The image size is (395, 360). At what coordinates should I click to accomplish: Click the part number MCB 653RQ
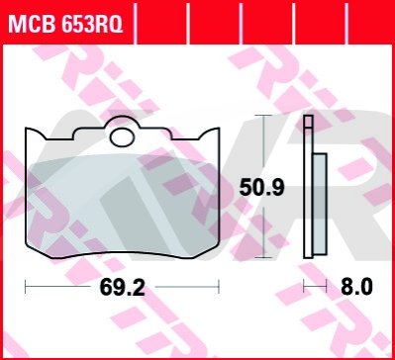pyautogui.click(x=65, y=24)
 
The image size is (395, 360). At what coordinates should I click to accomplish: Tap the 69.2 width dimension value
pyautogui.click(x=123, y=288)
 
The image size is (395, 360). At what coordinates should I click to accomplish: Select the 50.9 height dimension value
pyautogui.click(x=261, y=188)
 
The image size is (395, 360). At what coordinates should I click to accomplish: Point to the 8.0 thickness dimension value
pyautogui.click(x=356, y=287)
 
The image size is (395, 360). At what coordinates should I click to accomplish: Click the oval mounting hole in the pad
pyautogui.click(x=122, y=137)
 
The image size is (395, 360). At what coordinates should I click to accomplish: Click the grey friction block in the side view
pyautogui.click(x=320, y=204)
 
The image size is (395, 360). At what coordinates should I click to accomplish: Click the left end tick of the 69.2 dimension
pyautogui.click(x=26, y=287)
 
